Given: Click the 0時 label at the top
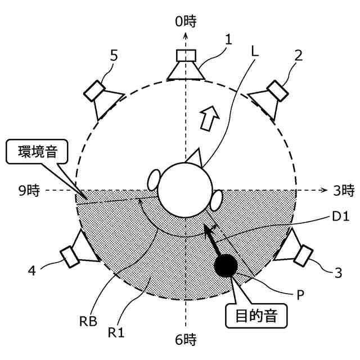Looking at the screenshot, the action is coord(185,21).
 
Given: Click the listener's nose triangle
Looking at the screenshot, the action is coord(193,156).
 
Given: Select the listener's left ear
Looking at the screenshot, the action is coord(154,180).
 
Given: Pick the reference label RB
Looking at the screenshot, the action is coord(89,322).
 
